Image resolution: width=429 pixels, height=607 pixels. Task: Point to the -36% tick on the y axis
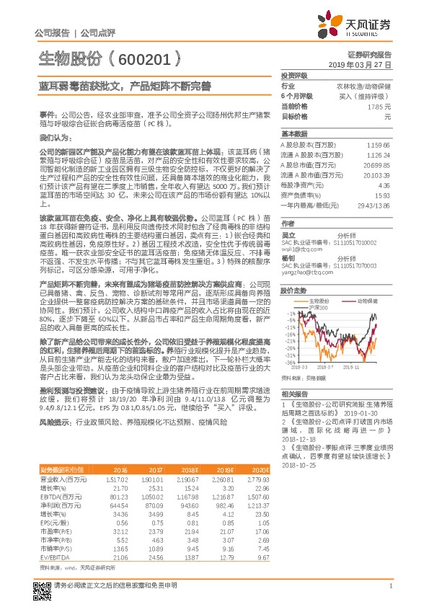point(288,362)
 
